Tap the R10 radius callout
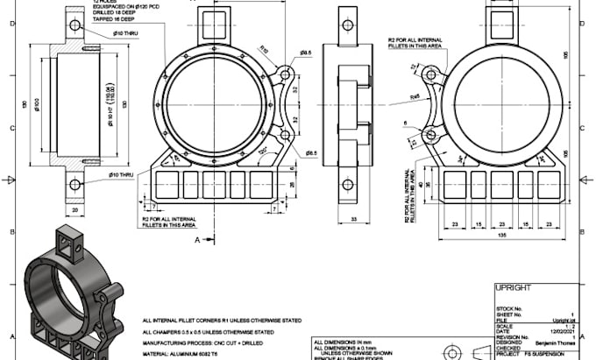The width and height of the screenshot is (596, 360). pos(262,52)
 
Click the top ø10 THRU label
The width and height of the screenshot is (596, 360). pos(126,34)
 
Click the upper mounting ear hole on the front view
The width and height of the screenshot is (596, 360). pos(285,77)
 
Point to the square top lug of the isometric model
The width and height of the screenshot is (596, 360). pos(68,235)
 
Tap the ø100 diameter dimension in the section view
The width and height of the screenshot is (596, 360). pos(39,105)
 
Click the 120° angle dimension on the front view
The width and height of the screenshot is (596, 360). pos(263,151)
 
